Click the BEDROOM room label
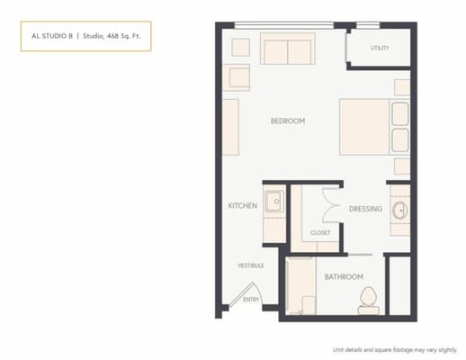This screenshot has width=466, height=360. (x=288, y=121)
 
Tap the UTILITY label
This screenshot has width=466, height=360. (x=380, y=48)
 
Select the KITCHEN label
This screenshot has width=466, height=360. (x=243, y=206)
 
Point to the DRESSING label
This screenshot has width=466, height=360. (x=366, y=209)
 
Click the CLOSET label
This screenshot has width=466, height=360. (x=320, y=233)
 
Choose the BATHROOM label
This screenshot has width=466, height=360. (x=344, y=276)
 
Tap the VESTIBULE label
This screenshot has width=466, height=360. (x=250, y=265)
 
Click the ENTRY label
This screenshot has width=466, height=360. (x=251, y=300)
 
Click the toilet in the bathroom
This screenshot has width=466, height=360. (x=367, y=300)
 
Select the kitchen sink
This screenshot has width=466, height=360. (x=273, y=200)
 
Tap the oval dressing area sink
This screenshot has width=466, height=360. (x=399, y=211)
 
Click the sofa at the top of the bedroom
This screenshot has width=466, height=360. (x=287, y=49)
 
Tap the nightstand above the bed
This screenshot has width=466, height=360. (x=401, y=87)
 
